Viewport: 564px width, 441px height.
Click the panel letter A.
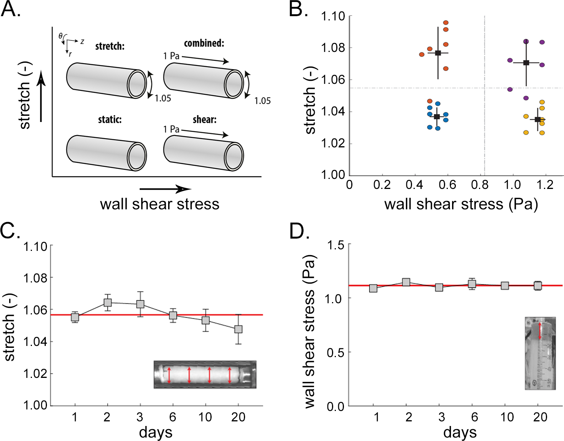(10, 9)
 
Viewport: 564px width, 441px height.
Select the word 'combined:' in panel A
(204, 43)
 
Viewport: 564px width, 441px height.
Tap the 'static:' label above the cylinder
(110, 120)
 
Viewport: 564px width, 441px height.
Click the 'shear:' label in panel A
(204, 120)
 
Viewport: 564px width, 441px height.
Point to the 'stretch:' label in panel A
(110, 47)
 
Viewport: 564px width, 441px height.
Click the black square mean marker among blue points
(437, 117)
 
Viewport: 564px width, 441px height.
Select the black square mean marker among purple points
(526, 63)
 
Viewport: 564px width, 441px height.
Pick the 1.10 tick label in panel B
(333, 16)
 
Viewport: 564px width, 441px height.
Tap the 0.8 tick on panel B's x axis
(480, 185)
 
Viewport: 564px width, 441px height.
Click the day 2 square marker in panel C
(108, 302)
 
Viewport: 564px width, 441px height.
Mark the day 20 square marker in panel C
(239, 329)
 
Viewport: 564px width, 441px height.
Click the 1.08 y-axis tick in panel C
(35, 277)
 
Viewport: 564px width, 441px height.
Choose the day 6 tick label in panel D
(474, 417)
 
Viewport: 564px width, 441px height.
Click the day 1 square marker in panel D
(373, 288)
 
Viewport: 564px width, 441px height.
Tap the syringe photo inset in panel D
(540, 353)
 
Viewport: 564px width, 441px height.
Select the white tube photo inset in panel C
(205, 374)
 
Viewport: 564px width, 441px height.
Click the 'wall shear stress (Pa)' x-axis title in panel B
(461, 204)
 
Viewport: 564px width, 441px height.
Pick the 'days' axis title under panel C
(156, 432)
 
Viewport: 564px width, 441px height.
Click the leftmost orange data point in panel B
(422, 55)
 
